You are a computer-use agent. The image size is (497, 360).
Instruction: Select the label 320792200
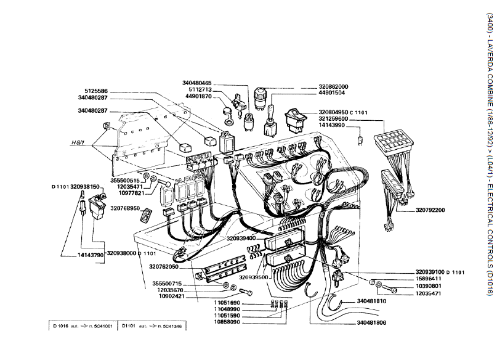pos(446,210)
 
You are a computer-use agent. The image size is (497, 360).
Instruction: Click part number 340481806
pos(371,322)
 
